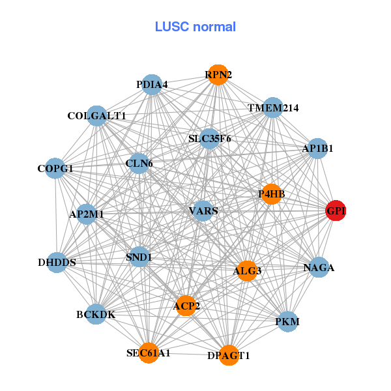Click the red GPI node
(336, 210)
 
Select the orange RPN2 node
(218, 75)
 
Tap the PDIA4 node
(152, 84)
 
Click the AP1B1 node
(317, 148)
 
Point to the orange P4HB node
(271, 194)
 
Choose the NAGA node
(319, 267)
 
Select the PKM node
(287, 321)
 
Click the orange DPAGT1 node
(229, 355)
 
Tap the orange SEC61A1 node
(149, 353)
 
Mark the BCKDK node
(96, 314)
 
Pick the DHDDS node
(57, 263)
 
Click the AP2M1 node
(87, 214)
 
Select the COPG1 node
(55, 169)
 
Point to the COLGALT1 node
(96, 115)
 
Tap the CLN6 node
(139, 163)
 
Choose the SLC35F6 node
(209, 138)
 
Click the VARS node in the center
(203, 210)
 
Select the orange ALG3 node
(247, 270)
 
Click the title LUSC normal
(195, 27)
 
